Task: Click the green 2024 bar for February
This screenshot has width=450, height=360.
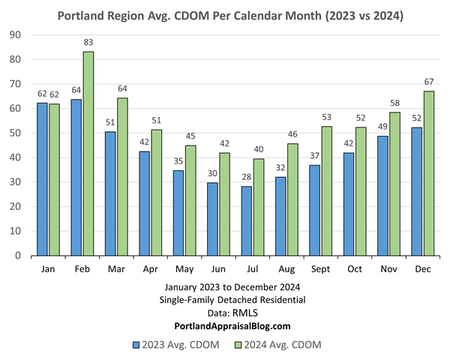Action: (88, 154)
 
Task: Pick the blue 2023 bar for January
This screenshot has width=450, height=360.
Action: (42, 179)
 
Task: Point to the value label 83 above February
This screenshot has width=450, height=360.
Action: (88, 44)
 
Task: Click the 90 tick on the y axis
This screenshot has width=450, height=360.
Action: (16, 35)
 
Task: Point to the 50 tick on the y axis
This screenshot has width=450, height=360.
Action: (16, 133)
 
